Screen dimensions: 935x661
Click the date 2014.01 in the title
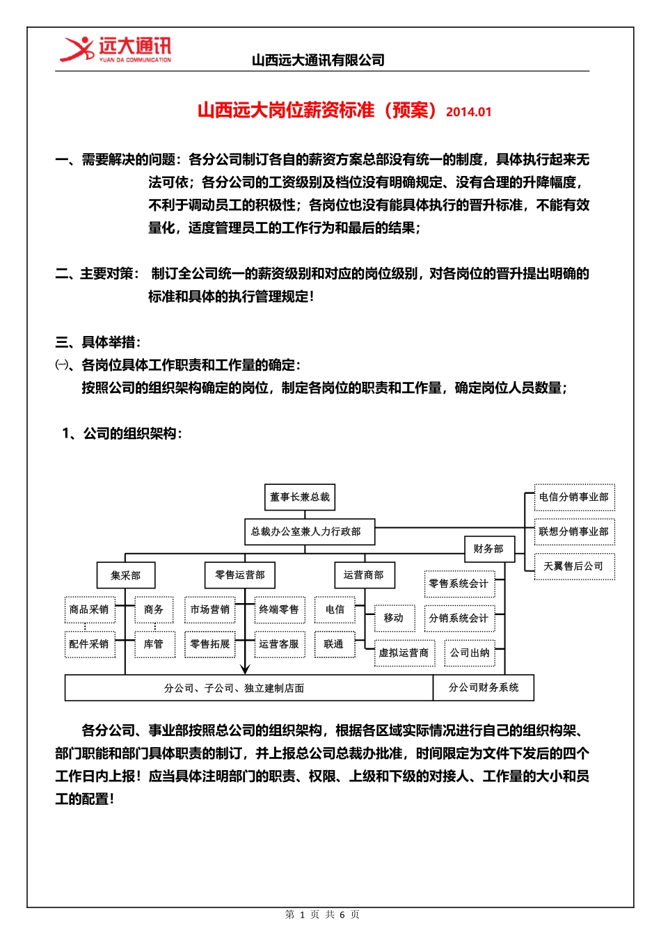tap(468, 112)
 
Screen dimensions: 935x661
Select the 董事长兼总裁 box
tap(300, 497)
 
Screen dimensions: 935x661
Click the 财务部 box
tap(488, 549)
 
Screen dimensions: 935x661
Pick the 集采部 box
tap(126, 575)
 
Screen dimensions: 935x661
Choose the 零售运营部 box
tap(240, 575)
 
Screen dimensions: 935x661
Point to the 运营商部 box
tap(364, 575)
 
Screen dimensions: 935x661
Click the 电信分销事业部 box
tap(574, 497)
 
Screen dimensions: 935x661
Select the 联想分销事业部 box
tap(574, 532)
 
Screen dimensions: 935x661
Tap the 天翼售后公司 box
tap(574, 566)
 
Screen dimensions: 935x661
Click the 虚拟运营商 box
tap(404, 653)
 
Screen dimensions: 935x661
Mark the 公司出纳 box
tap(470, 653)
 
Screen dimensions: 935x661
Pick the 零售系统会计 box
tap(459, 584)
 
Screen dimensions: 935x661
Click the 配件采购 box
tap(89, 644)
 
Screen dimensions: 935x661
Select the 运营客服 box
tap(279, 644)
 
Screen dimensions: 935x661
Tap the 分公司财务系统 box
tap(484, 687)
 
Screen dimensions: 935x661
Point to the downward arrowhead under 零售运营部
tap(245, 669)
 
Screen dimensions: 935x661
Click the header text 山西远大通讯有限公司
tap(318, 61)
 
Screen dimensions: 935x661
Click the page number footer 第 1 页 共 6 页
tap(322, 914)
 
